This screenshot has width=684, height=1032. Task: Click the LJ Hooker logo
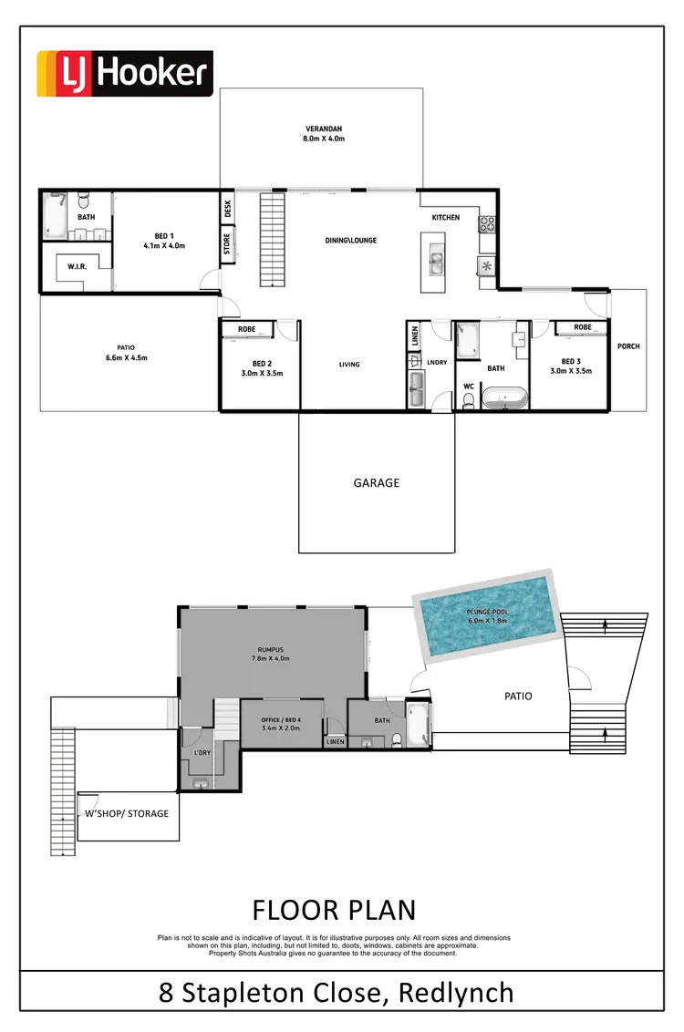[124, 74]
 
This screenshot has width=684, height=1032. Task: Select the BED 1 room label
[164, 241]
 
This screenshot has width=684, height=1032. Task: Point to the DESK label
[228, 209]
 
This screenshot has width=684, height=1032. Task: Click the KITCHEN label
[446, 218]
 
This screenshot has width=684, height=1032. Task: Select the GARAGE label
[377, 483]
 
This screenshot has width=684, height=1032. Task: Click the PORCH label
[628, 346]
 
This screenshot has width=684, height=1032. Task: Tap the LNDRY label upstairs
[437, 363]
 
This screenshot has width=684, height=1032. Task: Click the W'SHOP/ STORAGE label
[127, 813]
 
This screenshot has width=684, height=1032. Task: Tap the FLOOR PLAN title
[333, 910]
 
